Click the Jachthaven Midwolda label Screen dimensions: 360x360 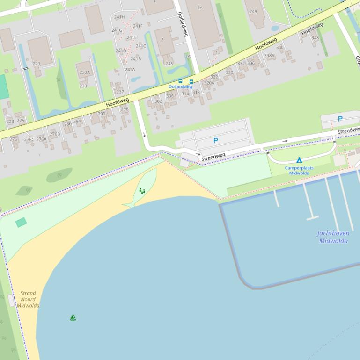pyautogui.click(x=333, y=237)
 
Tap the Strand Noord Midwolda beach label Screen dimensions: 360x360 pyautogui.click(x=28, y=299)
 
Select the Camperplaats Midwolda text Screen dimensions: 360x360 pyautogui.click(x=299, y=170)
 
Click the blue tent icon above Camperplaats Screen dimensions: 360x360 pyautogui.click(x=299, y=160)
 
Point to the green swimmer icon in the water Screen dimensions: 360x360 pyautogui.click(x=73, y=318)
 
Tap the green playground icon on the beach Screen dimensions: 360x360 pyautogui.click(x=142, y=191)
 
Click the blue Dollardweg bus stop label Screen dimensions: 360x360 pyautogui.click(x=180, y=86)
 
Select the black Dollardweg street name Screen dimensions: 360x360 pyautogui.click(x=183, y=24)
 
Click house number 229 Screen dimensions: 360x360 pyautogui.click(x=37, y=64)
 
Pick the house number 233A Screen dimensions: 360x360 pyautogui.click(x=84, y=72)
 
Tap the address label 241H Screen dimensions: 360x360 pyautogui.click(x=119, y=17)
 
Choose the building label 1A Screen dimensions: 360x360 pyautogui.click(x=200, y=7)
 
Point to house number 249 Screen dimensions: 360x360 pyautogui.click(x=253, y=12)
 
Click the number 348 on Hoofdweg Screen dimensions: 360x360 pyautogui.click(x=315, y=38)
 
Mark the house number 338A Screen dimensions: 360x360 pyautogui.click(x=269, y=56)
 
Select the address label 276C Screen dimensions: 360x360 pyautogui.click(x=29, y=139)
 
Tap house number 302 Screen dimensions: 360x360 pyautogui.click(x=158, y=101)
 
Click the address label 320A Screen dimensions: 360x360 pyautogui.click(x=209, y=83)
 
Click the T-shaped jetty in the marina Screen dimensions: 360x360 pyautogui.click(x=312, y=217)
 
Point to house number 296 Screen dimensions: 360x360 pyautogui.click(x=125, y=109)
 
